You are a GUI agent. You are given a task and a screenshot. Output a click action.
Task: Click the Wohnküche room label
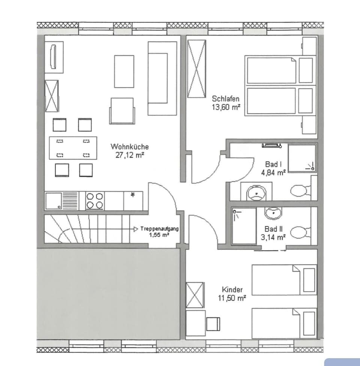pyautogui.click(x=130, y=147)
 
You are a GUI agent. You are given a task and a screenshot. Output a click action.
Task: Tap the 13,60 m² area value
pyautogui.click(x=226, y=107)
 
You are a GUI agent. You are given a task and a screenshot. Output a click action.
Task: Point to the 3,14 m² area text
pyautogui.click(x=273, y=237)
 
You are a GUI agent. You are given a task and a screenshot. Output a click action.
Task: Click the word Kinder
pyautogui.click(x=232, y=290)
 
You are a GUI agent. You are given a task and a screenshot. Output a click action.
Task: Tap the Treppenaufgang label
pyautogui.click(x=159, y=228)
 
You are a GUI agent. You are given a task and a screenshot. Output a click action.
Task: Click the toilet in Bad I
pyautogui.click(x=299, y=191)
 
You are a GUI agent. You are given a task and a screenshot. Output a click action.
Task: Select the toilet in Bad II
pyautogui.click(x=299, y=233)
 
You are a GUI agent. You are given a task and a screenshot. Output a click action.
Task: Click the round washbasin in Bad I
pyautogui.click(x=256, y=193)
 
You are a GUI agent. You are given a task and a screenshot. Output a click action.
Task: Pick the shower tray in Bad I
pyautogui.click(x=302, y=158)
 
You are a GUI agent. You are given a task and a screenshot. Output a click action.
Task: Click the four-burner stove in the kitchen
pyautogui.click(x=95, y=200)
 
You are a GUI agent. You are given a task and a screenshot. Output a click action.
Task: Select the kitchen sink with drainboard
pyautogui.click(x=62, y=200)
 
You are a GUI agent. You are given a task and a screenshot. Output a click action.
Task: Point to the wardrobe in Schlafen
pyautogui.click(x=197, y=69)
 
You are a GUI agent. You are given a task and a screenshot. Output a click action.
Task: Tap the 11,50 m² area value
pyautogui.click(x=232, y=298)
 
